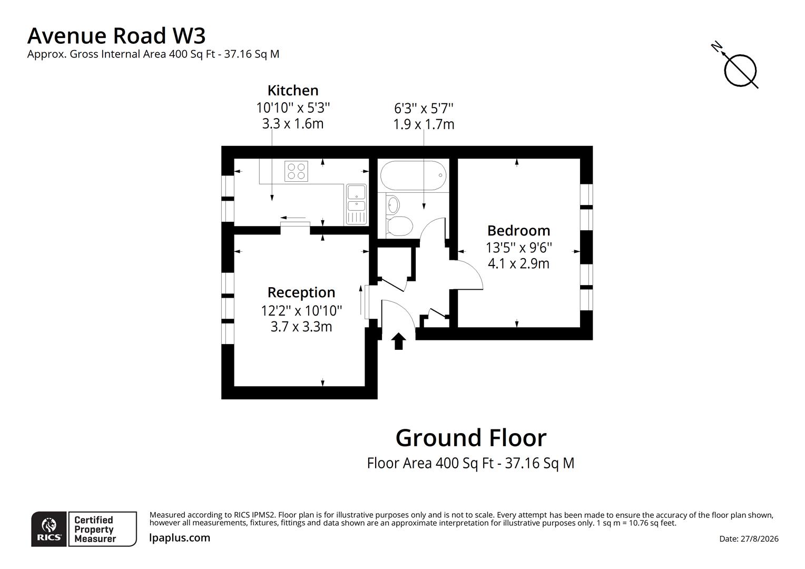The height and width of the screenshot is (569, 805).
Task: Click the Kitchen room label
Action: (x=293, y=90)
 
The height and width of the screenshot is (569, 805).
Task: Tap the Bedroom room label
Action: (x=518, y=230)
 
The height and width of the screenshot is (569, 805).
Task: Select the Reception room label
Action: (x=301, y=292)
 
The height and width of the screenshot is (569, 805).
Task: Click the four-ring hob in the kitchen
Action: (x=296, y=171)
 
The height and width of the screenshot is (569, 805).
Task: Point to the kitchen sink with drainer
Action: (x=356, y=204)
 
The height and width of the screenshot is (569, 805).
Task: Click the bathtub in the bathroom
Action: (x=413, y=175)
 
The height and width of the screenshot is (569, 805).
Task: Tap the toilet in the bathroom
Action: (x=399, y=226)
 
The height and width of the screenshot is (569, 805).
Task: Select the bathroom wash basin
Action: (x=393, y=205)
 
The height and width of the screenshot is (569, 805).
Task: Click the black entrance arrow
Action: (x=398, y=341)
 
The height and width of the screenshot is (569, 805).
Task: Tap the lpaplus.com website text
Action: (x=179, y=538)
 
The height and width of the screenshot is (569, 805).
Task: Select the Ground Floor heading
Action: (x=471, y=438)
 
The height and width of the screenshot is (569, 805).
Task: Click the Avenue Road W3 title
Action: (x=116, y=36)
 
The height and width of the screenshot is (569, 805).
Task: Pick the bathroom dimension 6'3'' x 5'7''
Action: (x=424, y=108)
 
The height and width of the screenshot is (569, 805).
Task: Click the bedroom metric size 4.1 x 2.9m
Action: (x=518, y=263)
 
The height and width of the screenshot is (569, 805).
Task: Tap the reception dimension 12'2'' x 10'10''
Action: (x=301, y=310)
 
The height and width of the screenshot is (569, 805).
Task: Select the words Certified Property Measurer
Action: (x=95, y=529)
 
